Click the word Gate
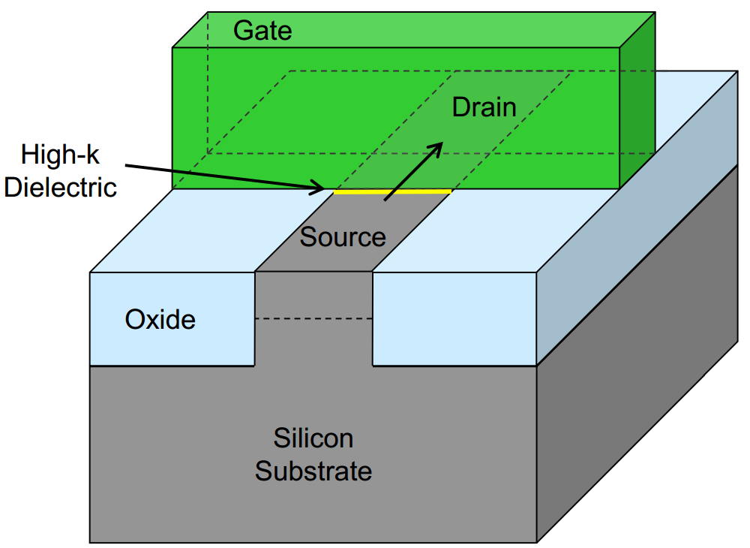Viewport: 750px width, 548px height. (262, 31)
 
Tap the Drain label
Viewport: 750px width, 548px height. (484, 107)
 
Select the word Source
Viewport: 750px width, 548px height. (343, 237)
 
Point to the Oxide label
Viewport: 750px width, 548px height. (160, 320)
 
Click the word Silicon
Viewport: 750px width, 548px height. (313, 438)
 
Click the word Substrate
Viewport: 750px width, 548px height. (313, 471)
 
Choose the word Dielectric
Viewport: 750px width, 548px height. (61, 186)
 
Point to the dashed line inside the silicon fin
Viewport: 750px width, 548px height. (314, 319)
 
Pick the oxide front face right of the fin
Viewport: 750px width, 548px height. (454, 319)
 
